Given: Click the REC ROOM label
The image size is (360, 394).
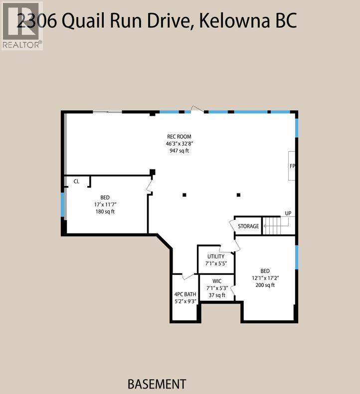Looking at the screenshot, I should pyautogui.click(x=179, y=137).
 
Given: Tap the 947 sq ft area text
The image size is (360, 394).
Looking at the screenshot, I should pyautogui.click(x=179, y=151).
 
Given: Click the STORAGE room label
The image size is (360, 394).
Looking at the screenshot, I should pyautogui.click(x=248, y=226).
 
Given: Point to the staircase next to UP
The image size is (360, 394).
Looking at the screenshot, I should pyautogui.click(x=272, y=226).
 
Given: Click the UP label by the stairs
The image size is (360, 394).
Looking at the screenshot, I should pyautogui.click(x=288, y=213).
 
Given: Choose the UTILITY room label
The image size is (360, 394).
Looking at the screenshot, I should pyautogui.click(x=216, y=256).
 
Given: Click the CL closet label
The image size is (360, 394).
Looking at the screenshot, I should pyautogui.click(x=76, y=182).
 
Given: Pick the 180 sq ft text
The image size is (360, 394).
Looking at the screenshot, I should pyautogui.click(x=105, y=211).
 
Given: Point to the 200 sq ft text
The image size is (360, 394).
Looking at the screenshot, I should pyautogui.click(x=265, y=285).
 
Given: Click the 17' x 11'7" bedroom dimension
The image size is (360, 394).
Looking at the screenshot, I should pyautogui.click(x=105, y=204).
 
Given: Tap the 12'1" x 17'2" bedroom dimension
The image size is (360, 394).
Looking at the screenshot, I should pyautogui.click(x=265, y=278).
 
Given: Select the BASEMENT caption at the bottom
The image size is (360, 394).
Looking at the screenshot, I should pyautogui.click(x=157, y=384).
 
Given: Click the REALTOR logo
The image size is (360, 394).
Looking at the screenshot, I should pyautogui.click(x=21, y=25).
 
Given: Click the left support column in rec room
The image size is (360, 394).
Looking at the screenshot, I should pyautogui.click(x=184, y=195).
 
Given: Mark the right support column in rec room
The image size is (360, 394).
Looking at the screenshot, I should pyautogui.click(x=239, y=195).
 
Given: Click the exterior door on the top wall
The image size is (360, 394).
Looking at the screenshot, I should pyautogui.click(x=197, y=110).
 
